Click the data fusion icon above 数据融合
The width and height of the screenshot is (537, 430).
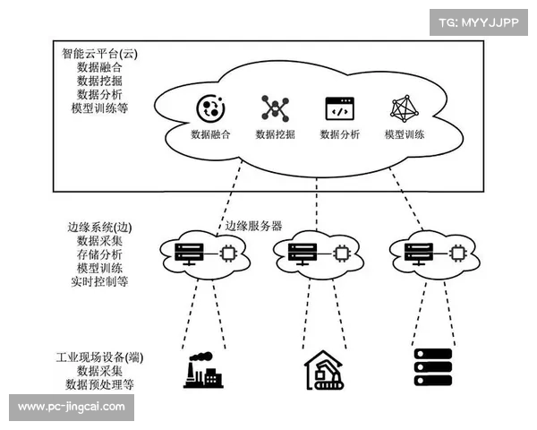pos(210,109)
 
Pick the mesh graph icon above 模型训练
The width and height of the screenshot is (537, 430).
pos(405,109)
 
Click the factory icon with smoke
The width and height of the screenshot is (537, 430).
pos(203,370)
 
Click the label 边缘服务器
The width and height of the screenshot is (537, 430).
pos(253,226)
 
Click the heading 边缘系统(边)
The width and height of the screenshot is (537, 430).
pos(99,228)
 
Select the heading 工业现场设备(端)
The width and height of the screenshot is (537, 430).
pos(98,357)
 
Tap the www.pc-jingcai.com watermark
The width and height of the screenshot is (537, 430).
pos(72,407)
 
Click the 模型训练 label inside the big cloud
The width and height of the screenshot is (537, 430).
pos(405,135)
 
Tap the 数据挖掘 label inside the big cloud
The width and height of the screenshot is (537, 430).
pos(276,135)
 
